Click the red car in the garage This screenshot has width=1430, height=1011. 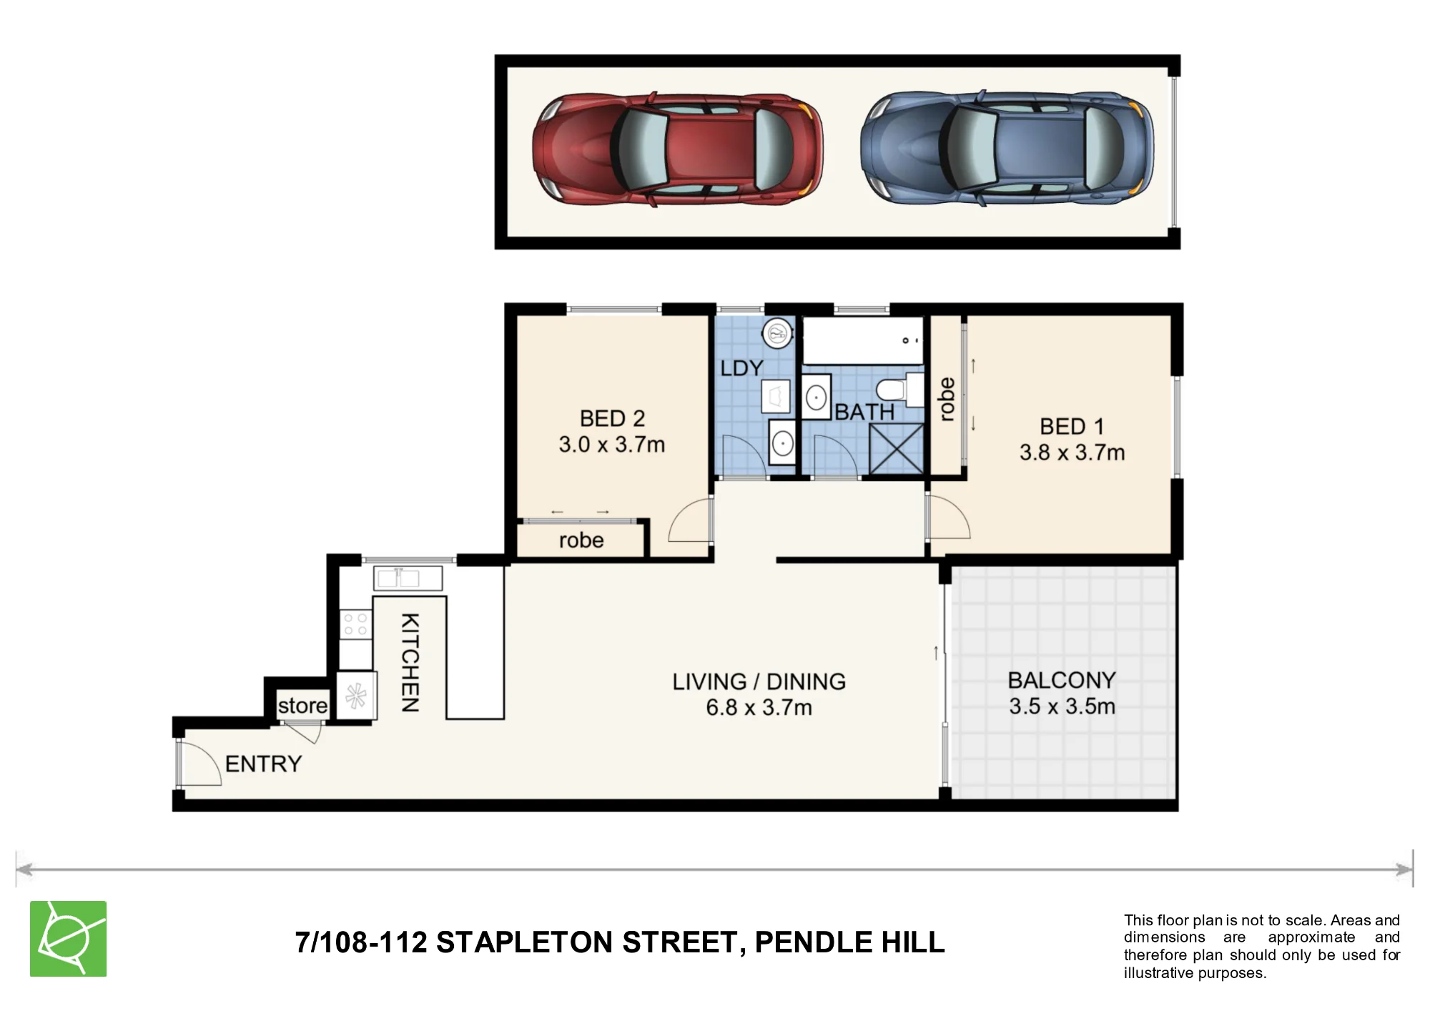click(678, 149)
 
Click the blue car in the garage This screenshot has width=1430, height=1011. click(1007, 149)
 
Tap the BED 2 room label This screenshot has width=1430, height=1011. click(612, 418)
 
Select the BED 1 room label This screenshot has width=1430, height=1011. click(1072, 427)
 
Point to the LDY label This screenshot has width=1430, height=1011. click(741, 368)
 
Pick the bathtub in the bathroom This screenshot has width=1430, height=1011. click(862, 340)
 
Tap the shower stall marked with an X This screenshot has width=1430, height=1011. click(897, 448)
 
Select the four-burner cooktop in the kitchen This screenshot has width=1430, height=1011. click(355, 624)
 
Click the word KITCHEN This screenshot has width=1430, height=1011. click(410, 662)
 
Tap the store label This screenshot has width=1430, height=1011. click(302, 706)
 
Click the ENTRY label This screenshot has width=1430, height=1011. click(263, 764)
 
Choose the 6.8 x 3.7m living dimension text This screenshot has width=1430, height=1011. click(759, 708)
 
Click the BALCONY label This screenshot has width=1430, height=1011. click(1062, 680)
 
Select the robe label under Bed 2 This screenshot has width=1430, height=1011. click(581, 541)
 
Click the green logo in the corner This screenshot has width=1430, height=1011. click(68, 939)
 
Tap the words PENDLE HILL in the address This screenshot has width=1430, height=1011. click(849, 942)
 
